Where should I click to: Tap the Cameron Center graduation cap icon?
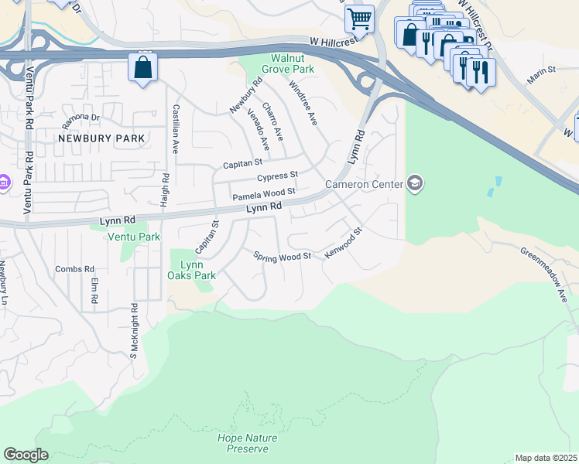click(x=415, y=183)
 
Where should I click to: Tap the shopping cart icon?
click(x=359, y=18)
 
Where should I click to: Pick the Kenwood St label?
click(x=343, y=243)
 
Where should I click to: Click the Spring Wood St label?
click(x=283, y=255)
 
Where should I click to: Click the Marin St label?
click(x=542, y=75)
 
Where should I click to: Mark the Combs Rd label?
click(x=68, y=269)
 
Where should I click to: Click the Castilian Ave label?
click(x=176, y=129)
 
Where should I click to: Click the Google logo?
click(x=26, y=455)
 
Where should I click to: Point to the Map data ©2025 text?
click(x=546, y=458)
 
